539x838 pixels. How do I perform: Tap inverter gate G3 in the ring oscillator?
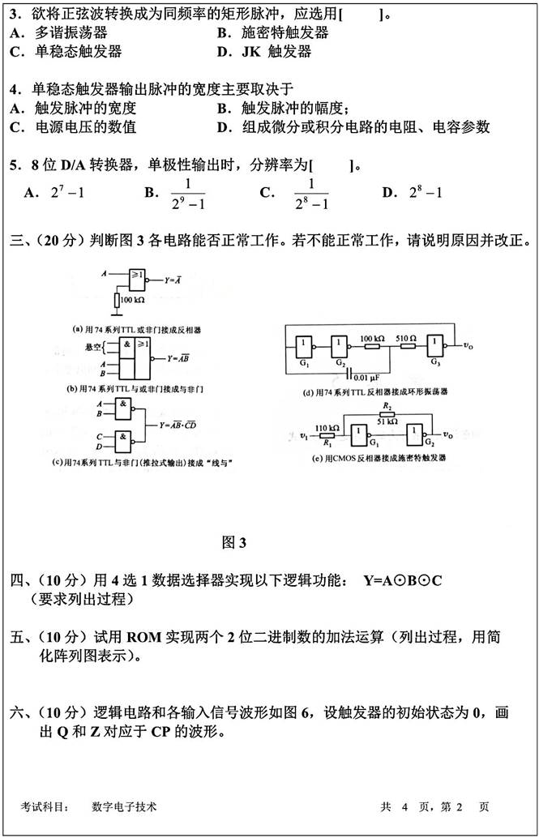tap(436, 344)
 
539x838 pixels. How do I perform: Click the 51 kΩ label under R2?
tap(387, 422)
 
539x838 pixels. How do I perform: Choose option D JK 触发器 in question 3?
tap(276, 52)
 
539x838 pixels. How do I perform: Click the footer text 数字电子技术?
tap(124, 807)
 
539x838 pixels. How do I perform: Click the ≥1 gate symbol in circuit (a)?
tap(139, 277)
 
